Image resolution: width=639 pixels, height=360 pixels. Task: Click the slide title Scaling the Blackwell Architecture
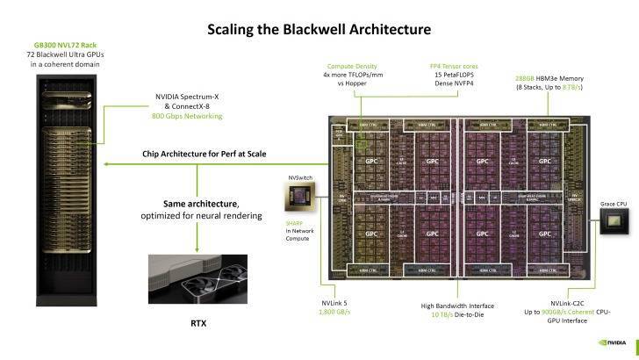[319, 30]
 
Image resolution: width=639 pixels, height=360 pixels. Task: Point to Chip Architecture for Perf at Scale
[204, 154]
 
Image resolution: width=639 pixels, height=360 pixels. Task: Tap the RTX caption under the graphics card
[198, 322]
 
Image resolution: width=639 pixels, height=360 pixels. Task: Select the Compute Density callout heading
[352, 67]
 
